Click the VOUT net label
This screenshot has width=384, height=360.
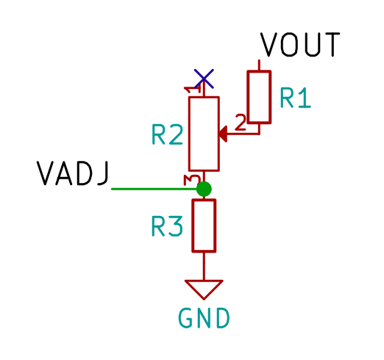(300, 45)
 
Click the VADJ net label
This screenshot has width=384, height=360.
(73, 173)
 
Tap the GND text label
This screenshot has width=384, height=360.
(204, 318)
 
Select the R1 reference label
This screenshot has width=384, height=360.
(296, 98)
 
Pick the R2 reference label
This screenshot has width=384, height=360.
(168, 134)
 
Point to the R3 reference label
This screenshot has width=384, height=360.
(167, 226)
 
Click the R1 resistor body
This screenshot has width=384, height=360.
(259, 97)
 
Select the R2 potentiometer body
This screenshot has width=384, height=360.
(204, 134)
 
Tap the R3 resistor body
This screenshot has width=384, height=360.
(204, 226)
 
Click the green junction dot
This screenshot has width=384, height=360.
(204, 189)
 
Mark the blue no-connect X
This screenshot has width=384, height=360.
(204, 79)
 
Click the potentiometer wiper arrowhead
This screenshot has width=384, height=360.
(223, 134)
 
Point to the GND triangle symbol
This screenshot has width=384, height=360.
(204, 289)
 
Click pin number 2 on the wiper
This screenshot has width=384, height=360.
(241, 122)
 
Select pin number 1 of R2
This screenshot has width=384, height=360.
(193, 90)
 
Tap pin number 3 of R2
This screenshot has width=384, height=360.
(192, 180)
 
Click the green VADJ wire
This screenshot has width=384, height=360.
(154, 189)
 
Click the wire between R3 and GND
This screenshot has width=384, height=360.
(204, 266)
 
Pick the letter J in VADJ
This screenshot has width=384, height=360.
(103, 173)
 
